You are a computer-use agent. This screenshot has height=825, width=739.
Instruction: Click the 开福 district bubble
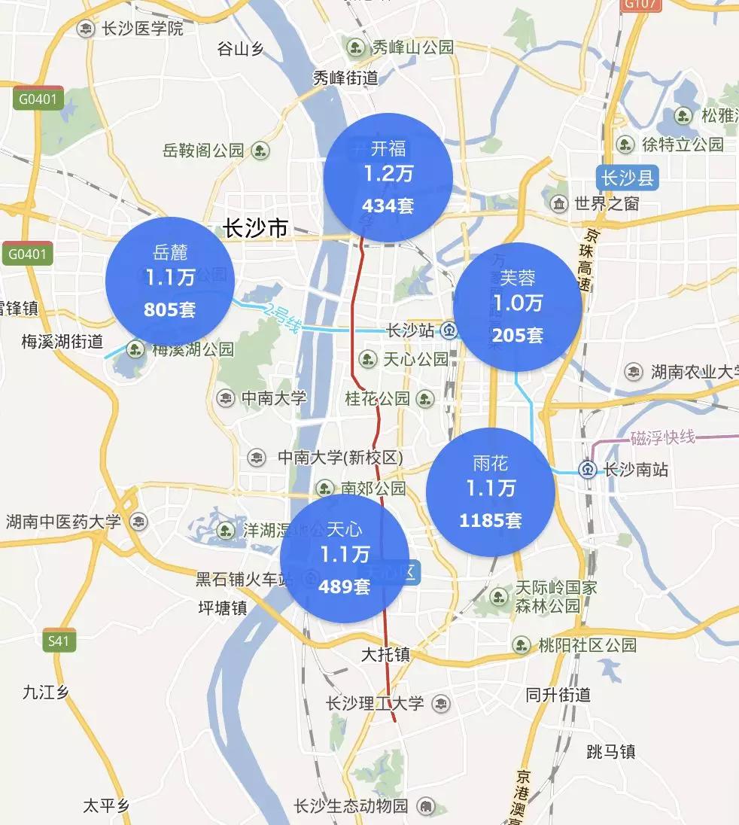(x=388, y=178)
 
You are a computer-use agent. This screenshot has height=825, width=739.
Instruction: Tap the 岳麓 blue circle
(x=169, y=281)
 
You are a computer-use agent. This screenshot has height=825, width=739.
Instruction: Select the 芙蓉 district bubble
(x=518, y=306)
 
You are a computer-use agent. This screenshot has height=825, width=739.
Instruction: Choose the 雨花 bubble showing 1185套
(x=491, y=492)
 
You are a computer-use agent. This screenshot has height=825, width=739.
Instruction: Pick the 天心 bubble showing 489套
(x=345, y=559)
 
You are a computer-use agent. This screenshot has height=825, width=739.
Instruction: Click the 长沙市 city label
(x=256, y=228)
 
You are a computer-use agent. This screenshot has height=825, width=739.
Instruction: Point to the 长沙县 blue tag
(x=627, y=178)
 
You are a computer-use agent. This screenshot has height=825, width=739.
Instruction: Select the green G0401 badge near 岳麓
(x=28, y=254)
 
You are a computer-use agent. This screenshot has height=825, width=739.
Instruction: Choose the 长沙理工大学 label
(x=375, y=704)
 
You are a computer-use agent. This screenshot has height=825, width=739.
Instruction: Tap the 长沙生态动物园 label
(x=352, y=806)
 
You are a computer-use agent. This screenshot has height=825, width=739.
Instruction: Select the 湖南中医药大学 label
(x=63, y=522)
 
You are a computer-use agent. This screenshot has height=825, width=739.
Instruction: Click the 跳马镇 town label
(x=610, y=751)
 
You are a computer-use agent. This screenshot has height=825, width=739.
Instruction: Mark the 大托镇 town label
(x=385, y=655)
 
